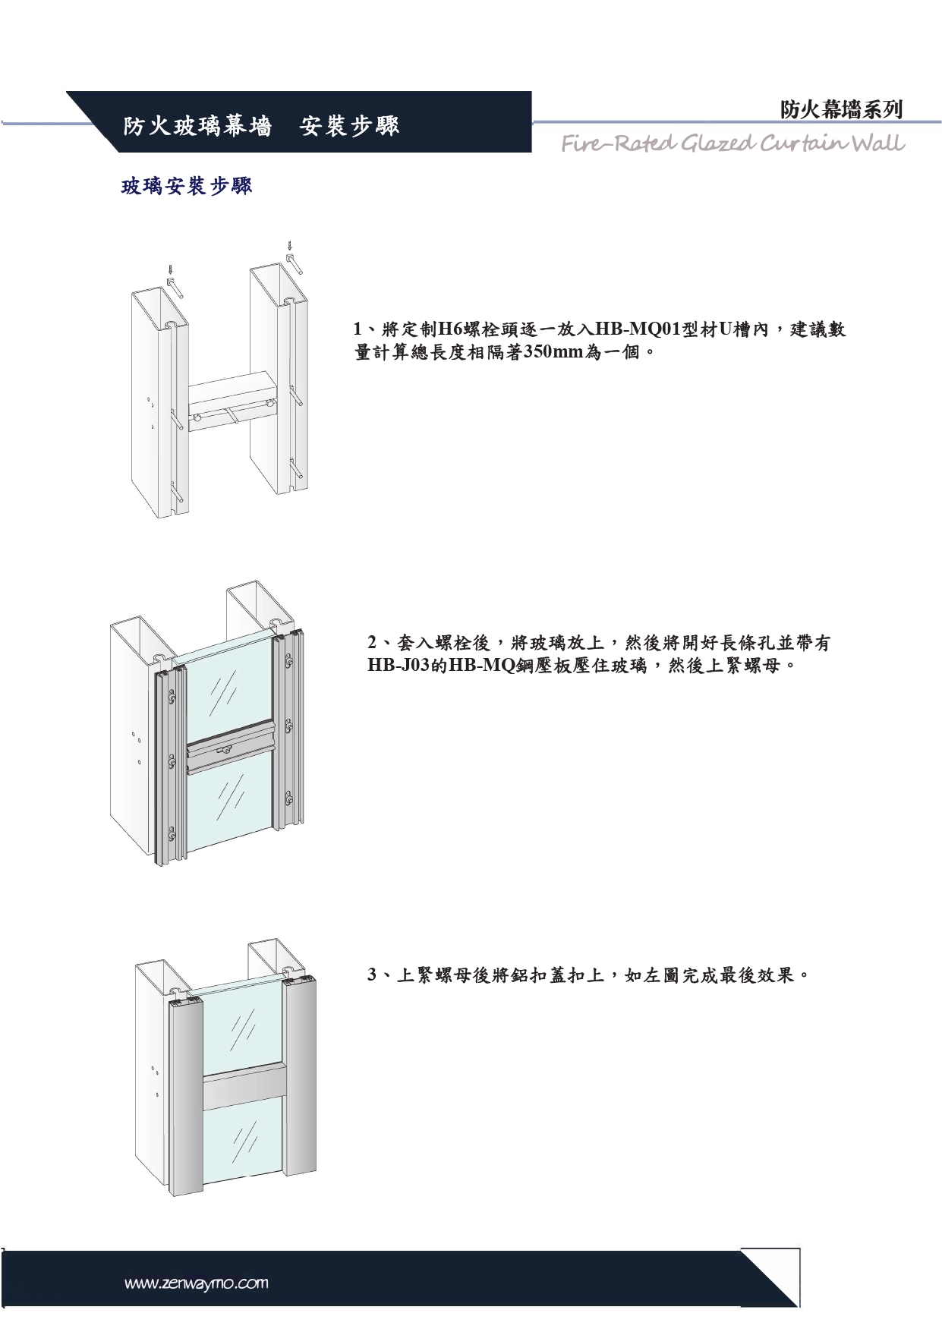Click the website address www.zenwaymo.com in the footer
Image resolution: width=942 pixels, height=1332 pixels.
click(x=197, y=1283)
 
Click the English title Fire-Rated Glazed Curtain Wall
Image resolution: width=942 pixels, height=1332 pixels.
click(x=732, y=143)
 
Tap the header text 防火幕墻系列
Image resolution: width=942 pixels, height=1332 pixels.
click(x=841, y=110)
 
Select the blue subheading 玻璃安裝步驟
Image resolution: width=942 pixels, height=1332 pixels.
click(x=187, y=186)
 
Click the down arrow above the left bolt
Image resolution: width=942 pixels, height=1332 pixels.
click(x=170, y=269)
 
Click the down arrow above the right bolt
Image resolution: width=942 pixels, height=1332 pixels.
click(x=289, y=246)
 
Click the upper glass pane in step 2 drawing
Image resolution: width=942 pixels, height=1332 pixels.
click(x=226, y=691)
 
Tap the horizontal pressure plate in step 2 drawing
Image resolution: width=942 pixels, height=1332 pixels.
click(x=228, y=756)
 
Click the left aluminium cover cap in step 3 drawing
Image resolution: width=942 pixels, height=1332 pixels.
click(x=185, y=1093)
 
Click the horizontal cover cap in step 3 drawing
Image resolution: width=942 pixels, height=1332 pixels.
click(x=244, y=1085)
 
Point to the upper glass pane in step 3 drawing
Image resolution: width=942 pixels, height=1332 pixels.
click(x=243, y=1028)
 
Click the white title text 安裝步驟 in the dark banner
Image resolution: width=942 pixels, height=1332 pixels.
click(x=349, y=125)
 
